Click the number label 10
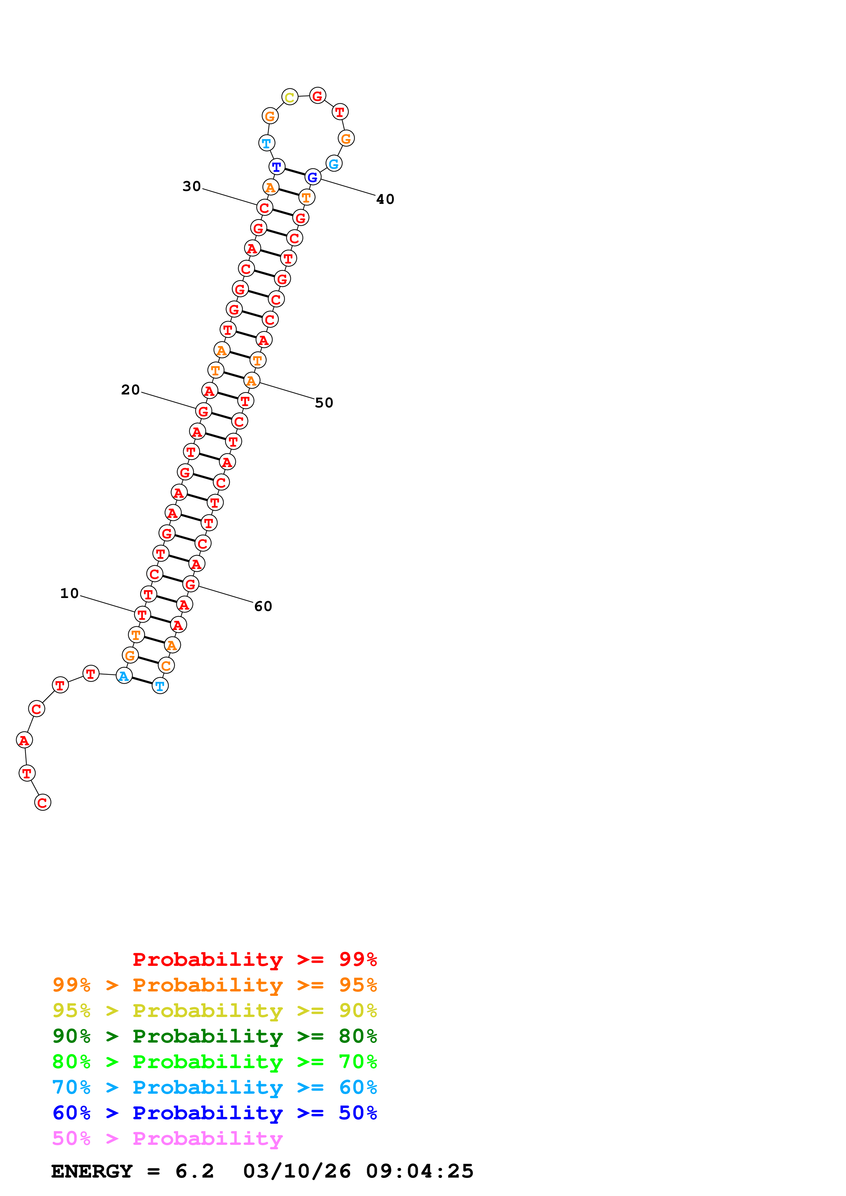tap(69, 593)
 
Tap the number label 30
tap(191, 186)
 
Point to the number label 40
tap(385, 199)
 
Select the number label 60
tap(263, 606)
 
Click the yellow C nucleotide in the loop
tap(290, 97)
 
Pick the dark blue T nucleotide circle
tap(277, 167)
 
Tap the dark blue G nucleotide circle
tap(313, 177)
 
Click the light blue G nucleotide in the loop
tap(334, 164)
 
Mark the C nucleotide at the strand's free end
tap(43, 803)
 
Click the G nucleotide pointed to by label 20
tap(204, 412)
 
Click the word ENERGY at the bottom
tap(92, 1171)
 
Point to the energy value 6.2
tap(195, 1171)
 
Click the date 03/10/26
tap(297, 1171)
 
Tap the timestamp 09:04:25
tap(420, 1171)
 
